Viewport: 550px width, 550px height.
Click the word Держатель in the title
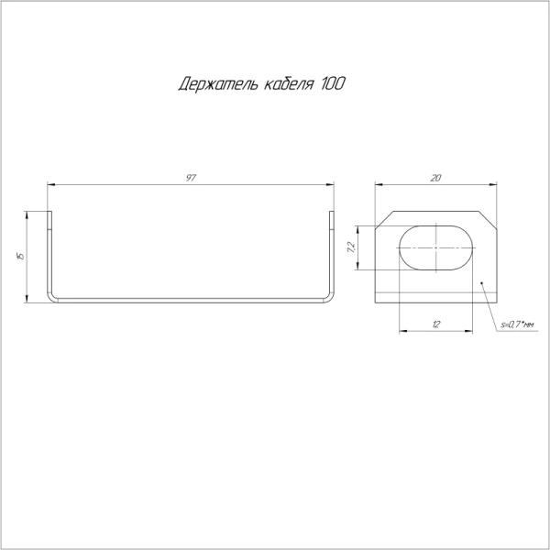point(218,84)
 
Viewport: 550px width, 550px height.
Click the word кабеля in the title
point(289,84)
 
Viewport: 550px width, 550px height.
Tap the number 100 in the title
point(333,83)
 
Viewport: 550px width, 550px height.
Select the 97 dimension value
point(191,178)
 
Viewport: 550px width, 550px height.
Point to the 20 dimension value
point(435,178)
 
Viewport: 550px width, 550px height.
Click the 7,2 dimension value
point(351,247)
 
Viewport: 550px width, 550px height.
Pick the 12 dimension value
point(436,324)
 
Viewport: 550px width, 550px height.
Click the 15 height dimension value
point(21,257)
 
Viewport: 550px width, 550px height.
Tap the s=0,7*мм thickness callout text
point(518,325)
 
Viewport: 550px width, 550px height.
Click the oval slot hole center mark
point(436,247)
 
